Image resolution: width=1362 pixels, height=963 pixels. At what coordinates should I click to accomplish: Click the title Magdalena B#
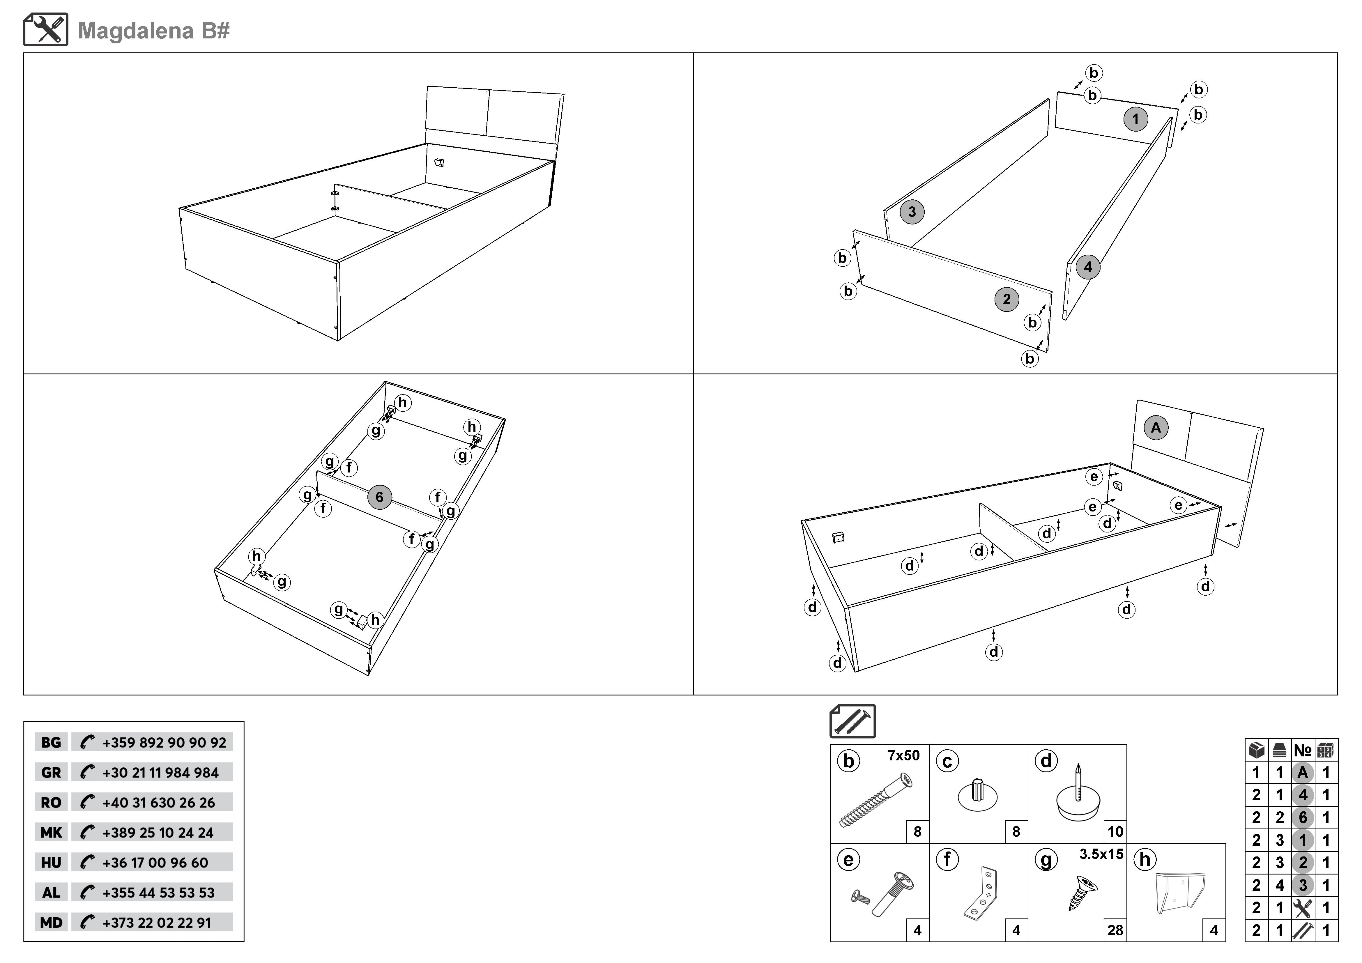tap(154, 31)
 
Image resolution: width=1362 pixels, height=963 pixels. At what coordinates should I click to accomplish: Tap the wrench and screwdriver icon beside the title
tap(46, 30)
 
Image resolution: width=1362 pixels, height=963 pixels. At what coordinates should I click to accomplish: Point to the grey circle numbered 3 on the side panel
tap(912, 212)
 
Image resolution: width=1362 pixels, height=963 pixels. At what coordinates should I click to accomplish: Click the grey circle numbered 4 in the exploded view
tap(1087, 267)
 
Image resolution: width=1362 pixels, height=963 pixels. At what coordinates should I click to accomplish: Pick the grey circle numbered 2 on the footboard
tap(1006, 300)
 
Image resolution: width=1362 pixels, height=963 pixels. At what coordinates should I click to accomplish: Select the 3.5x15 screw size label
tap(1101, 854)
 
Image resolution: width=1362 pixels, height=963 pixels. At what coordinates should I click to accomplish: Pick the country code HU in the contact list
tap(51, 863)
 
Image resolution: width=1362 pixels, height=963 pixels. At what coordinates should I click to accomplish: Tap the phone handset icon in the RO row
tap(87, 802)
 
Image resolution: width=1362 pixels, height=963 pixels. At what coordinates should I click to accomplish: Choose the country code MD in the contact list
tap(51, 923)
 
